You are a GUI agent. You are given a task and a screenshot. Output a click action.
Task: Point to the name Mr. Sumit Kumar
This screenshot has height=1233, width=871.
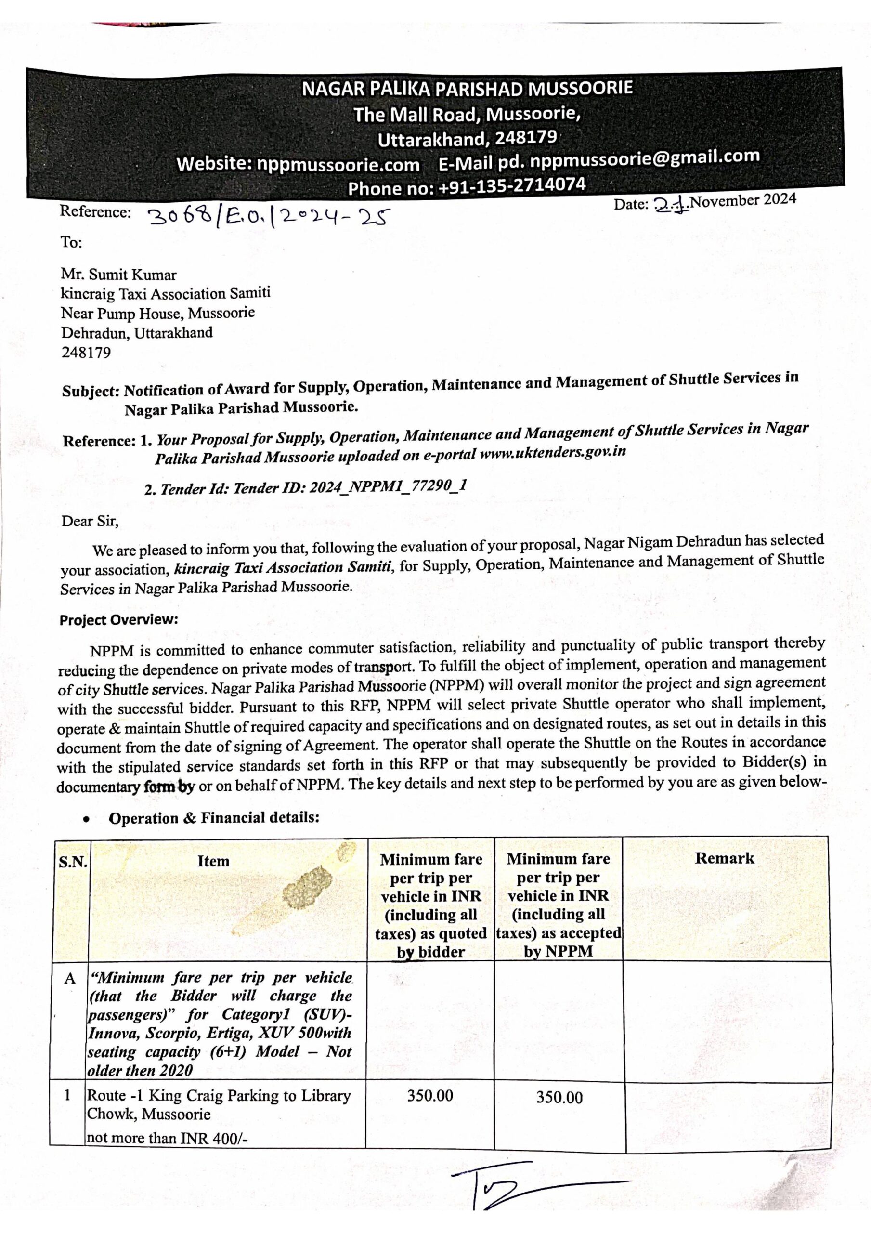click(x=118, y=275)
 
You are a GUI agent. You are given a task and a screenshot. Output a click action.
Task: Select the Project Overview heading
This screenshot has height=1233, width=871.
click(x=118, y=620)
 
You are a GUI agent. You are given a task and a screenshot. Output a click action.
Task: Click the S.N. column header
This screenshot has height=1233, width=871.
click(x=73, y=863)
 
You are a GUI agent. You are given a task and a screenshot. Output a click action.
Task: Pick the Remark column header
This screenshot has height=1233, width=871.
click(x=725, y=858)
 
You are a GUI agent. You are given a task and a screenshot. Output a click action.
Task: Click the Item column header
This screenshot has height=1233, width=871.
click(x=213, y=861)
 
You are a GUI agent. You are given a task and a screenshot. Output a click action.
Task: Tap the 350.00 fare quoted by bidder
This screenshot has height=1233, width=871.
click(x=429, y=1096)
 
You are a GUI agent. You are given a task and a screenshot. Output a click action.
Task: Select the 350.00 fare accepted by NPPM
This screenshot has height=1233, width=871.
click(x=559, y=1097)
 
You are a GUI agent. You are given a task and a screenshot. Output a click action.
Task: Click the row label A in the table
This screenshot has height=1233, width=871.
click(x=70, y=978)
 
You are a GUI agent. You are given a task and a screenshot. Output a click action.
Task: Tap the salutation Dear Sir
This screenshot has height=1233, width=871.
click(x=90, y=521)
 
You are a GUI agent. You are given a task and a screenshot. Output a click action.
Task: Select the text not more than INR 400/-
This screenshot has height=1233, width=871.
click(x=167, y=1138)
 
